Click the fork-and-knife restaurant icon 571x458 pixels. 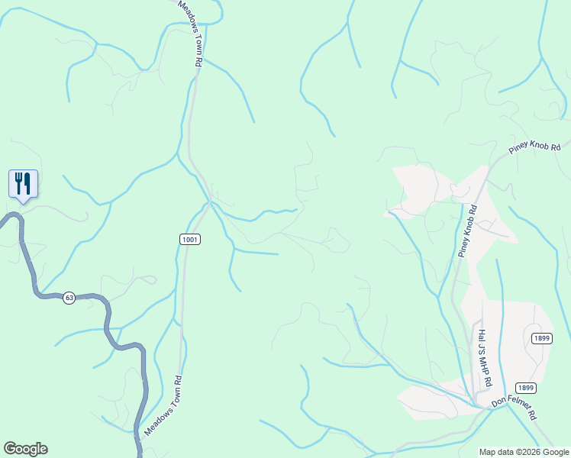coord(23,183)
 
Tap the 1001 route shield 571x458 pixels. coord(191,240)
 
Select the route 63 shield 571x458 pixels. coord(69,298)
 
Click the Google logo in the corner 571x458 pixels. coord(25,449)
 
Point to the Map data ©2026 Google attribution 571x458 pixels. coord(524,452)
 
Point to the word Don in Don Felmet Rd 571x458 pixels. coord(499,401)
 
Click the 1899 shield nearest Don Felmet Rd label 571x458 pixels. coord(525,387)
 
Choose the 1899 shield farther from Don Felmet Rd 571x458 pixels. coord(540,337)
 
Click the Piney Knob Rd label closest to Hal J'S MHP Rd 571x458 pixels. coord(469,230)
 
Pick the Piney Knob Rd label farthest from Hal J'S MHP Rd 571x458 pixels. coord(535,149)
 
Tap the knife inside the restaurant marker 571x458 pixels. coord(27,182)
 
